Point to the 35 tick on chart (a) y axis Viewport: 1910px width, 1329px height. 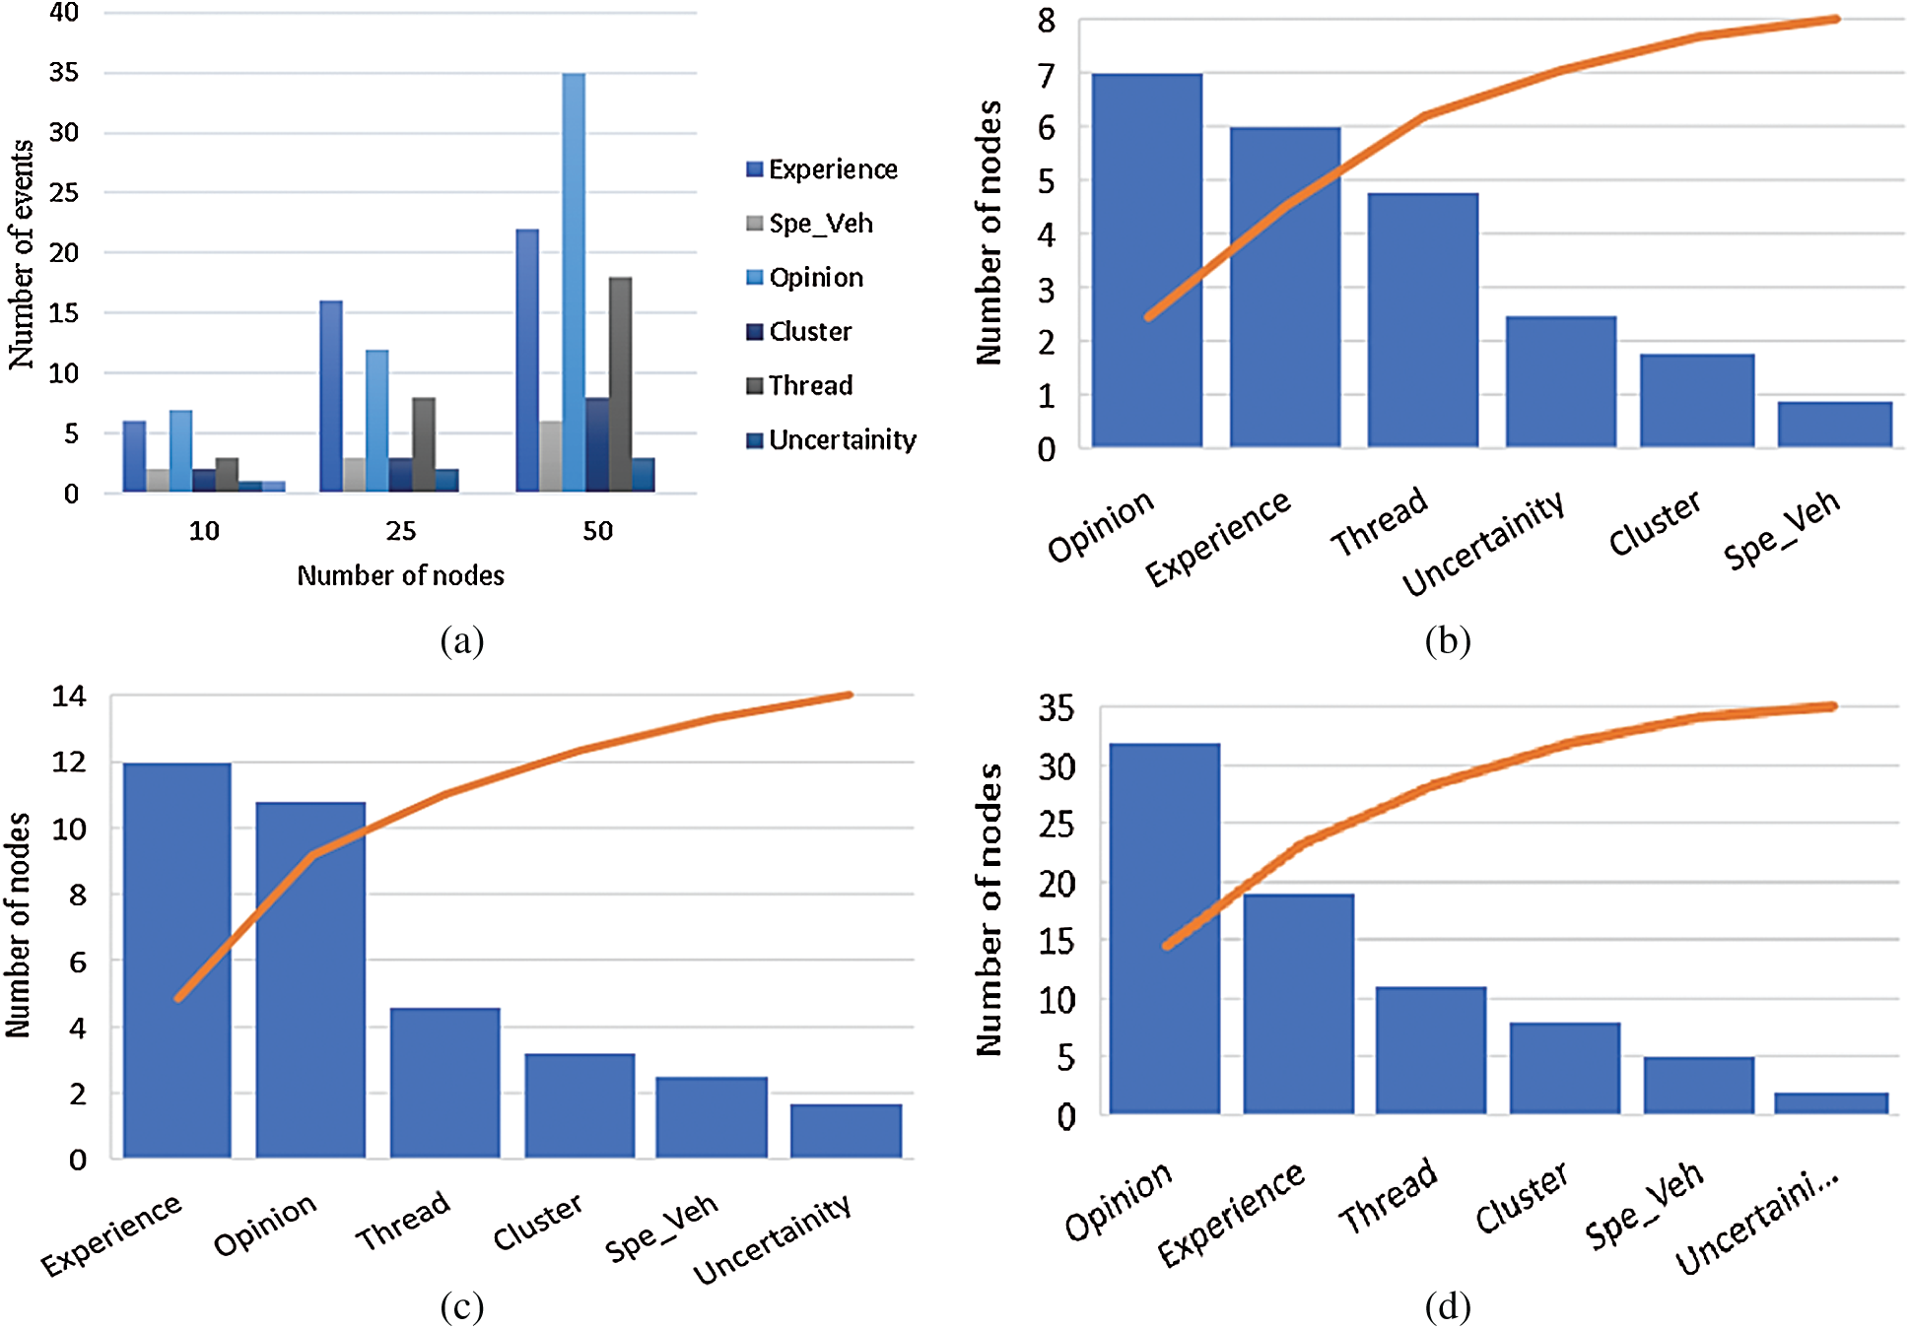point(64,72)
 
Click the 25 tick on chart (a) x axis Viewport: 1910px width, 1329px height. point(400,531)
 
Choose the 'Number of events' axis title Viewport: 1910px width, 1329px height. point(22,254)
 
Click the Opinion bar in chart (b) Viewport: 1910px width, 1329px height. point(1146,261)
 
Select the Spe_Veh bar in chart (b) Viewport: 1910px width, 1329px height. point(1834,425)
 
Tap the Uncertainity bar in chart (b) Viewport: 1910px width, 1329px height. point(1560,382)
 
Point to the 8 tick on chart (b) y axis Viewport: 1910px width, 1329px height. point(1047,21)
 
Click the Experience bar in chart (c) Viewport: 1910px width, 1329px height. point(177,961)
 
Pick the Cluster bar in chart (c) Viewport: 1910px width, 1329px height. point(580,1105)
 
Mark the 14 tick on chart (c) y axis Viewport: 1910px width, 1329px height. point(69,697)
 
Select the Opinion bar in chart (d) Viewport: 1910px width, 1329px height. point(1164,929)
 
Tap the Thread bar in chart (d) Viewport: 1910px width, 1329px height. point(1430,1050)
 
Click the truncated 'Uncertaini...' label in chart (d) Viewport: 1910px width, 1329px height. point(1757,1222)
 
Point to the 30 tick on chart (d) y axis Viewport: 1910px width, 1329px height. point(1057,765)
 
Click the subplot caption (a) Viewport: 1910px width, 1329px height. point(462,640)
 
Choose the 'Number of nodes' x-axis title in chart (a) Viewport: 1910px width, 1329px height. point(400,575)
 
